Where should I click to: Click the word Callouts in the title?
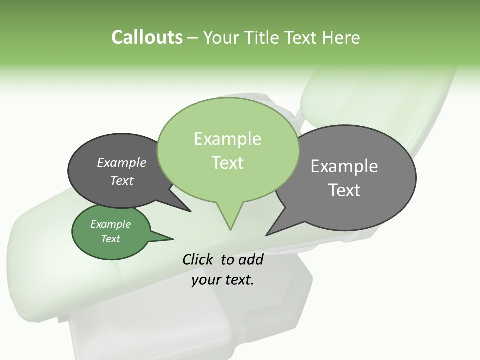147,37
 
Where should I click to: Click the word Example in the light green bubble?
227,139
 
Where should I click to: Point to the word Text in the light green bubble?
227,162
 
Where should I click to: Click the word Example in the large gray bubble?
344,166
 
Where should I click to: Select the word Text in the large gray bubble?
344,190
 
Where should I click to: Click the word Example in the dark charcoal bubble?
122,162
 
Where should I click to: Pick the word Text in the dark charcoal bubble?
122,180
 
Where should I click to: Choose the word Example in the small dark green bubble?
111,224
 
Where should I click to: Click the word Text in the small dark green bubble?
111,239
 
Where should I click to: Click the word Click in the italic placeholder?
198,259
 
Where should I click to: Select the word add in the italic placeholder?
250,259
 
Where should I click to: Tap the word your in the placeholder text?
206,280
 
